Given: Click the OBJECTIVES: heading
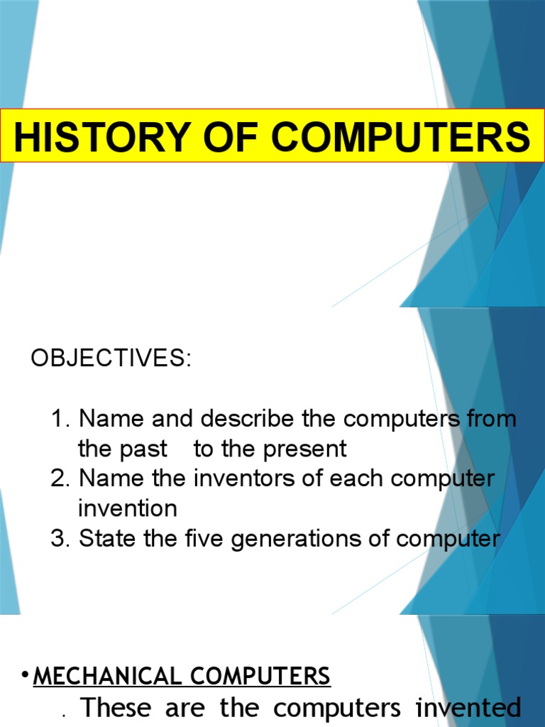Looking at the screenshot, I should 111,359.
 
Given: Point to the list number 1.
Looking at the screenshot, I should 59,419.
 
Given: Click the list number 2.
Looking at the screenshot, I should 59,479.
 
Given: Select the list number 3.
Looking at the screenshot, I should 59,538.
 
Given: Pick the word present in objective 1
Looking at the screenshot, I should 304,449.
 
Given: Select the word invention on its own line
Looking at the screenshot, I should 128,508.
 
